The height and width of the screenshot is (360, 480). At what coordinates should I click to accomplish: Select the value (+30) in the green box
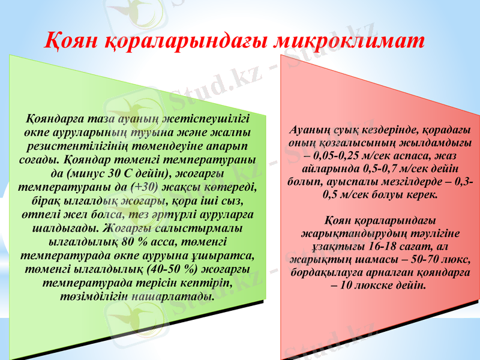tap(148, 186)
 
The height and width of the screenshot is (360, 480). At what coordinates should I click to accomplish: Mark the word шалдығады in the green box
tap(65, 228)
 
